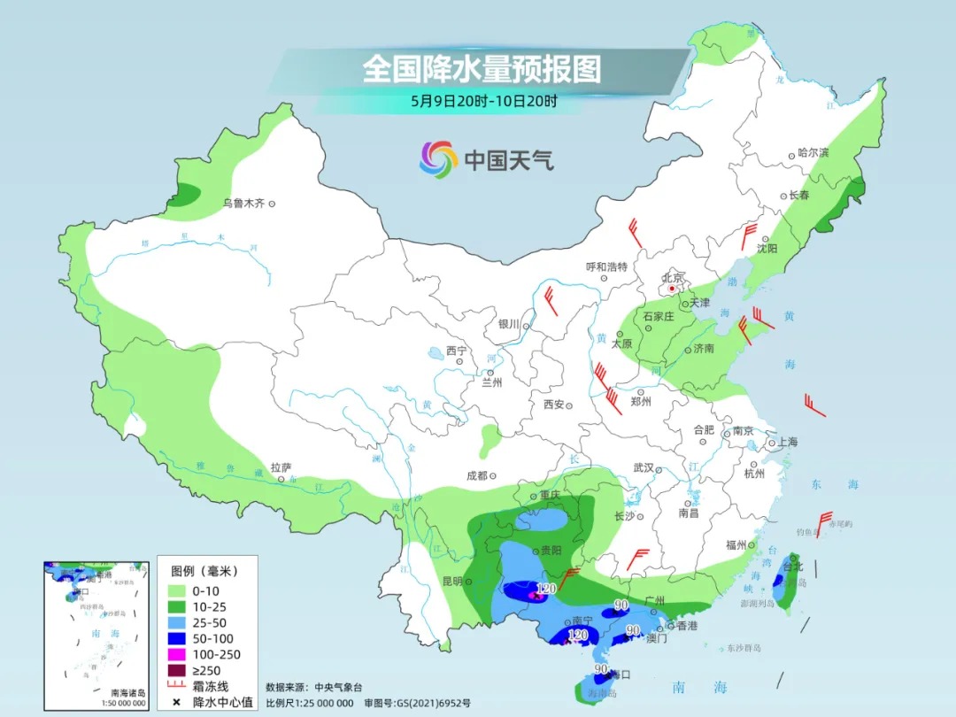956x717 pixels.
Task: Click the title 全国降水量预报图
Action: pos(482,69)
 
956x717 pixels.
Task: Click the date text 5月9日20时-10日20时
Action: pos(483,101)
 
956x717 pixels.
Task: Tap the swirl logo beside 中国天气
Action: pos(438,159)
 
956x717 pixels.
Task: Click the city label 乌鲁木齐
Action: pos(243,204)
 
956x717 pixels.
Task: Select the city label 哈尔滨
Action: pos(813,152)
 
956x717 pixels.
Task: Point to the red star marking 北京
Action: pos(672,288)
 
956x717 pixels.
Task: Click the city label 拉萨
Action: pos(281,466)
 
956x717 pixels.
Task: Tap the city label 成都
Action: pos(476,475)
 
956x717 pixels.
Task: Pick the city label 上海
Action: pos(788,443)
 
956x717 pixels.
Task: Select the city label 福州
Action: pos(736,544)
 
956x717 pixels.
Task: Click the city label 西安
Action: pos(553,405)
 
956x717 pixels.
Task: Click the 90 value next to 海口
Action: pos(601,669)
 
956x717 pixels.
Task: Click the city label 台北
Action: pos(792,566)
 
